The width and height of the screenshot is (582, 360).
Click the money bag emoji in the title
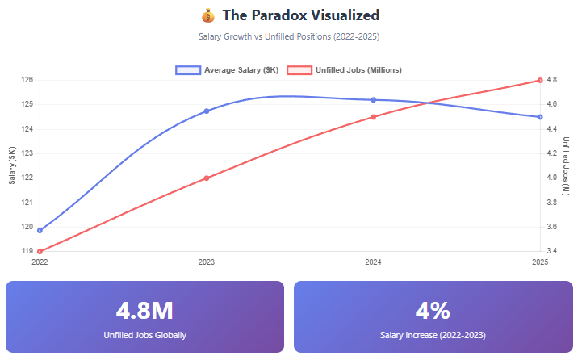point(207,15)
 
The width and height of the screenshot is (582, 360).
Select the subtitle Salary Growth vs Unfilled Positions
point(290,36)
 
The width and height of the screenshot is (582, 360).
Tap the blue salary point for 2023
point(207,111)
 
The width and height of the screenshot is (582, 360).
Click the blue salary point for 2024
point(373,100)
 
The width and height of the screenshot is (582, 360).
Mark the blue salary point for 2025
point(540,117)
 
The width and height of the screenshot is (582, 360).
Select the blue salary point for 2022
point(40,230)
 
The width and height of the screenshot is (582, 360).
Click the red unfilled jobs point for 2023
point(207,178)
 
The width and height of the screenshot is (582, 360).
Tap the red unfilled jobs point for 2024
point(373,117)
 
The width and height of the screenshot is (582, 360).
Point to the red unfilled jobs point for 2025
point(540,80)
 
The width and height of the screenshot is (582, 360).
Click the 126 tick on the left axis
point(27,80)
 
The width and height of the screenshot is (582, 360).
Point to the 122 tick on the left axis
point(27,178)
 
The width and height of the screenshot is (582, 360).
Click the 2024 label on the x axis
point(373,262)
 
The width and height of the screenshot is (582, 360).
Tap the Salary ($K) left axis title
point(11,165)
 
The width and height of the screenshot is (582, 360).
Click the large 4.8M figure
point(144,310)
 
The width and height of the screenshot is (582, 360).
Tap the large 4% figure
point(433,310)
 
